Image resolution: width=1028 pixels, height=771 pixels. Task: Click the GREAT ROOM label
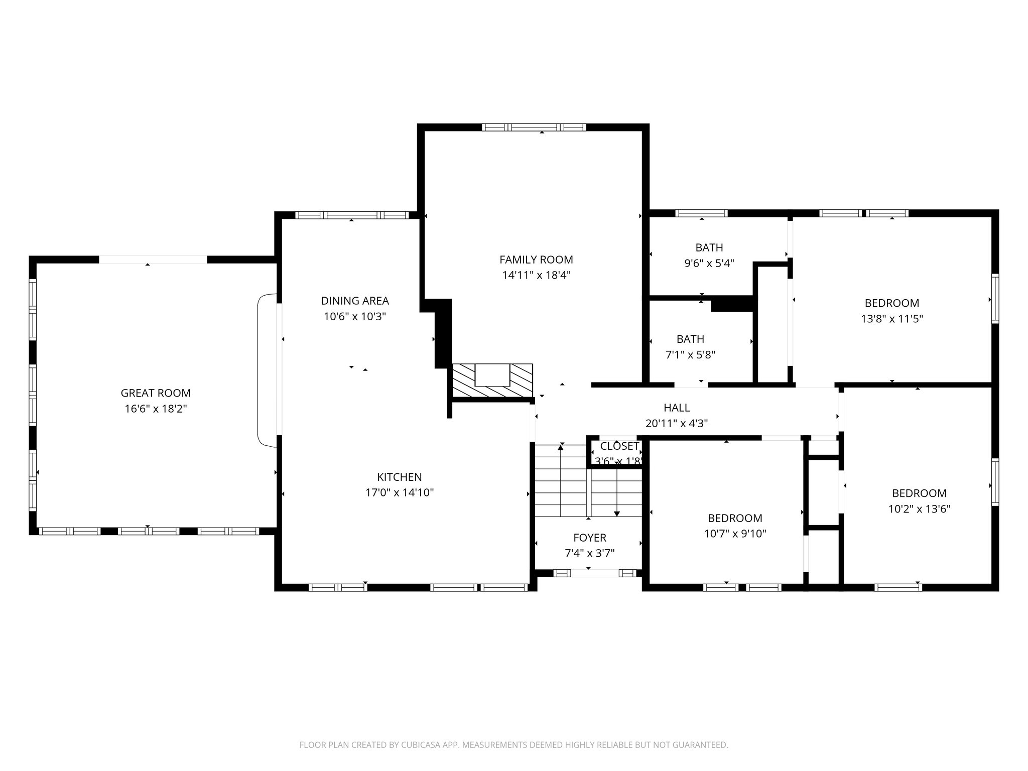tap(156, 393)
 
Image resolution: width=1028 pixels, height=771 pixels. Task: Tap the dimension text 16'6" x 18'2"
tap(156, 409)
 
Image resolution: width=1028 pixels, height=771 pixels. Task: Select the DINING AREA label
tap(355, 301)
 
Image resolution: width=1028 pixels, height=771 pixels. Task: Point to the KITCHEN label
tap(400, 477)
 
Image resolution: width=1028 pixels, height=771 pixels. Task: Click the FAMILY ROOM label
tap(536, 260)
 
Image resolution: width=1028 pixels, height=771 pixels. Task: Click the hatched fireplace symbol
tap(492, 381)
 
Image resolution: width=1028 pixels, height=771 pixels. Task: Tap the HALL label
tap(677, 408)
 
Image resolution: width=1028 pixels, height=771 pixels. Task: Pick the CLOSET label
tap(619, 446)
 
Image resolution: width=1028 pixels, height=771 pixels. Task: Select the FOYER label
tap(590, 538)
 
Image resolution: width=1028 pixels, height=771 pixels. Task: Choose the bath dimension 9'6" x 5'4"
tap(709, 263)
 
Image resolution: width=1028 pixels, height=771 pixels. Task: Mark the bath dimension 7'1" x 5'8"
tap(690, 355)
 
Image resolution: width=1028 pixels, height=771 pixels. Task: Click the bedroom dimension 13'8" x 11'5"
tap(892, 318)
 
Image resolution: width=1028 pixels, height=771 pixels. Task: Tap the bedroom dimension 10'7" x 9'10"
tap(735, 534)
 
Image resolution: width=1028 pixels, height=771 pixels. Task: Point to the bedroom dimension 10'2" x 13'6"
tap(919, 509)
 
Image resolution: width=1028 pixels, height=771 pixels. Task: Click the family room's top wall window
tap(534, 127)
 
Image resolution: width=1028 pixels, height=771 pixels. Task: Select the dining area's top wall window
tap(351, 215)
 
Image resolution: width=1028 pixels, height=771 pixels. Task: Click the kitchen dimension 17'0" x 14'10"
tap(400, 492)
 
